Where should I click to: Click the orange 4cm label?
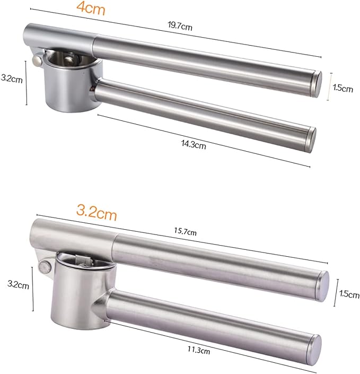(92, 9)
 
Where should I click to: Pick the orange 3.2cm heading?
(96, 213)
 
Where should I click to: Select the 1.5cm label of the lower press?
(347, 293)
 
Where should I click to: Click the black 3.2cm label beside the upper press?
(12, 79)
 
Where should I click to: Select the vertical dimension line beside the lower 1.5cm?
(335, 293)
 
